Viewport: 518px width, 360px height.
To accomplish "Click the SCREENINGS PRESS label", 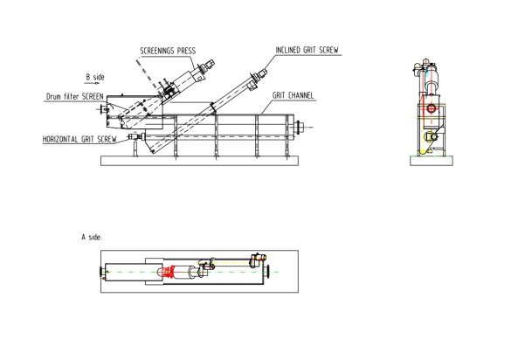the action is [168, 51].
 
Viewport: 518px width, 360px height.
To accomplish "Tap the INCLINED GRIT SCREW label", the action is [307, 50].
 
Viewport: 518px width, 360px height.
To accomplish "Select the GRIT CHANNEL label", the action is [293, 95].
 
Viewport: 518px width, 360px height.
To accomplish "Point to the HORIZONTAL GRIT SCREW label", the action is [79, 139].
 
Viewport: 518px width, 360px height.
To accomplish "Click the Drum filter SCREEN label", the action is [74, 96].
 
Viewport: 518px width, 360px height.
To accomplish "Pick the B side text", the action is [95, 77].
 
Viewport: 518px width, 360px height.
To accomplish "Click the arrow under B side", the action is [92, 83].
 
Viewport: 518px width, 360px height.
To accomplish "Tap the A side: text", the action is [92, 237].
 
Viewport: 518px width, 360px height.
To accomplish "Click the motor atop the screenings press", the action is [207, 66].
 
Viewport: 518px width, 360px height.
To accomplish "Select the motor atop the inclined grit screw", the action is [262, 74].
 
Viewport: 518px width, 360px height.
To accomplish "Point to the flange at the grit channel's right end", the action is [299, 127].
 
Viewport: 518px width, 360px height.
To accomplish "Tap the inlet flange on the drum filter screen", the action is [103, 108].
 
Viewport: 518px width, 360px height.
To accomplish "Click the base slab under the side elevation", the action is [199, 161].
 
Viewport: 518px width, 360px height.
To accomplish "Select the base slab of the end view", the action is [432, 161].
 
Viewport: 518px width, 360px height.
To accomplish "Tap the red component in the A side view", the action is [168, 272].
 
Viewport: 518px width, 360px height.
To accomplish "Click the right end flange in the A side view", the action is [268, 272].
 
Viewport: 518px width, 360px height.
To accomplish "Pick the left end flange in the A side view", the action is [101, 272].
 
